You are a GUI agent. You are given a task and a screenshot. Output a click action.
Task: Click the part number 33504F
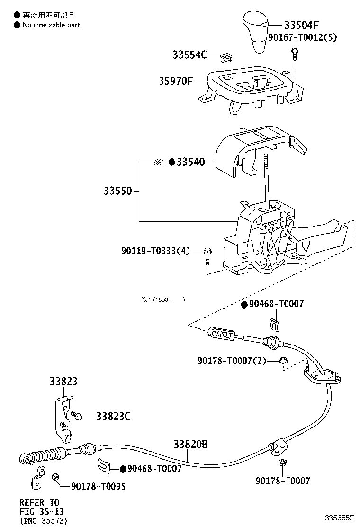coord(308,25)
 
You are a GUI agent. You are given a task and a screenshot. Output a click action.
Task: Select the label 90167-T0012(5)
coord(302,37)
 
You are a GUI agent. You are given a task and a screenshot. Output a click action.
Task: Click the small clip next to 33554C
coord(226,57)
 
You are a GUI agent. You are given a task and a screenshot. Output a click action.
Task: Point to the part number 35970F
coord(176,82)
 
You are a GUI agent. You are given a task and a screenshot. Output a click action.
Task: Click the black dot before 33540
coord(172,162)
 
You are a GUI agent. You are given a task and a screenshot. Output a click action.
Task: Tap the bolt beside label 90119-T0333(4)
coord(207,256)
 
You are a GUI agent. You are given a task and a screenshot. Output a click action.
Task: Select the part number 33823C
coord(113,416)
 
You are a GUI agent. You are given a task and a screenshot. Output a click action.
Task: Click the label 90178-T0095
coord(99,486)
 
